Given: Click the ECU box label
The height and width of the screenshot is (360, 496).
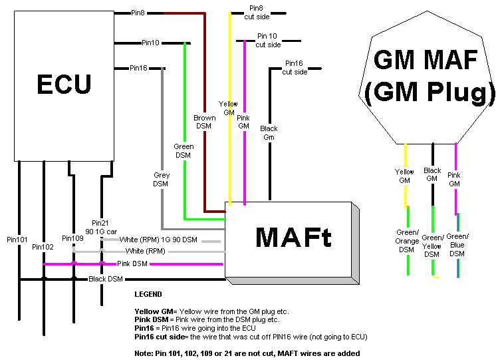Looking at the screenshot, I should (64, 84).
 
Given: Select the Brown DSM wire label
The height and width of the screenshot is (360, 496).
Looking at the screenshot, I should (205, 122).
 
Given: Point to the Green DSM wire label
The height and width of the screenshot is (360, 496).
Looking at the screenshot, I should (184, 151).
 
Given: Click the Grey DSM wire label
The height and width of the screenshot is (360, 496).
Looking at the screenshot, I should (162, 180).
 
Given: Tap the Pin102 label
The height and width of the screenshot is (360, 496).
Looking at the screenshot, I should (43, 247).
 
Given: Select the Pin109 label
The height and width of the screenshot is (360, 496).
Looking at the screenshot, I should (72, 238).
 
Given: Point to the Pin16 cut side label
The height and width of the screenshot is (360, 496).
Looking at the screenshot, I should (295, 68).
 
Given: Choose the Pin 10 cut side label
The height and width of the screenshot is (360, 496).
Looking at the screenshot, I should (268, 40).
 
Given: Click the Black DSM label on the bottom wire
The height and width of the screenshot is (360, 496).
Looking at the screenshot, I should (106, 279).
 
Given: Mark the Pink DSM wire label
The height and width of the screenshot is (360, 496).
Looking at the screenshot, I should (132, 264).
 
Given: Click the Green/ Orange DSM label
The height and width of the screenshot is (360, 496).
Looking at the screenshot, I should (407, 242).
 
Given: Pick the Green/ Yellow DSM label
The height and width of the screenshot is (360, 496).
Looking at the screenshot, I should (432, 246).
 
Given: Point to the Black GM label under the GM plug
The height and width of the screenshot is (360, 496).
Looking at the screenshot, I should (432, 174).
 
